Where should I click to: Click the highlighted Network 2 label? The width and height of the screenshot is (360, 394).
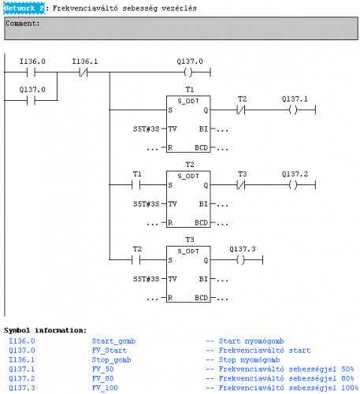[24, 8]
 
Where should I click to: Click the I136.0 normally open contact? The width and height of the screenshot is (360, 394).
[31, 72]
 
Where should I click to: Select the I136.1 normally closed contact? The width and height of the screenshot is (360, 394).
[84, 72]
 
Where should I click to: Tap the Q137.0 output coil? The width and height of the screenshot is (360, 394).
[188, 72]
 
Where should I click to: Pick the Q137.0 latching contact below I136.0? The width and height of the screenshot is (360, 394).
[31, 100]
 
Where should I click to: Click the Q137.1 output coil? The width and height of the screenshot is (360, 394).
[293, 110]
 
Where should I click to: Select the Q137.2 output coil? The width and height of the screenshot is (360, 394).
[293, 185]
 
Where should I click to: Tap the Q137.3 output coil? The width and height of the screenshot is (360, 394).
[241, 260]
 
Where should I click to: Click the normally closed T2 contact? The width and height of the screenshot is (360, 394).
[241, 110]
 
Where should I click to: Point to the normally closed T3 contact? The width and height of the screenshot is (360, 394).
[241, 185]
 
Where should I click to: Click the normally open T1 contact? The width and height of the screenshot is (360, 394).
[136, 185]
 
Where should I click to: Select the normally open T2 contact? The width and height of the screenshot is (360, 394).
[136, 260]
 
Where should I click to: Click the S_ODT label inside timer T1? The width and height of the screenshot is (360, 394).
[188, 101]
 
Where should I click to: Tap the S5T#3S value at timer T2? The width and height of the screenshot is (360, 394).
[147, 204]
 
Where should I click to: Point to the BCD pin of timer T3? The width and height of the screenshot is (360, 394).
[202, 298]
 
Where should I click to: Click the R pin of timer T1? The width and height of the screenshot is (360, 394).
[170, 148]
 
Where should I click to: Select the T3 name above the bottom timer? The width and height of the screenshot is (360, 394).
[190, 240]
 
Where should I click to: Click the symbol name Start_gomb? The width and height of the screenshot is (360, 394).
[113, 341]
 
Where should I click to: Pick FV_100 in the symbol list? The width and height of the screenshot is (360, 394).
[105, 388]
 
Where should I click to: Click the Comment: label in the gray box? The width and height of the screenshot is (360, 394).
[23, 24]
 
